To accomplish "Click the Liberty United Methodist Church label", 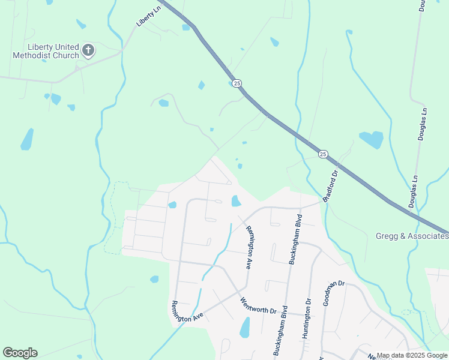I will coord(45,51).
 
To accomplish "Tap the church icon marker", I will coord(88,50).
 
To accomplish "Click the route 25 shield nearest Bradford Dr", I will coord(323,154).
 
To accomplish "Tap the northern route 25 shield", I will coord(237,83).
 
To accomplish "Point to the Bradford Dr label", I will coord(331,187).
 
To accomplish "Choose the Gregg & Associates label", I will coord(412,236).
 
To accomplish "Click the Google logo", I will coord(20,353).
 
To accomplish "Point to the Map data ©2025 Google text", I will coord(412,355).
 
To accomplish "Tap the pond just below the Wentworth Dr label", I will coord(245,328).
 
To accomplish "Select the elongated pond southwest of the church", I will coord(27,139).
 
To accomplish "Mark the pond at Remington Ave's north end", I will coord(236,201).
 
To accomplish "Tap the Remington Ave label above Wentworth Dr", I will coord(250,247).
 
